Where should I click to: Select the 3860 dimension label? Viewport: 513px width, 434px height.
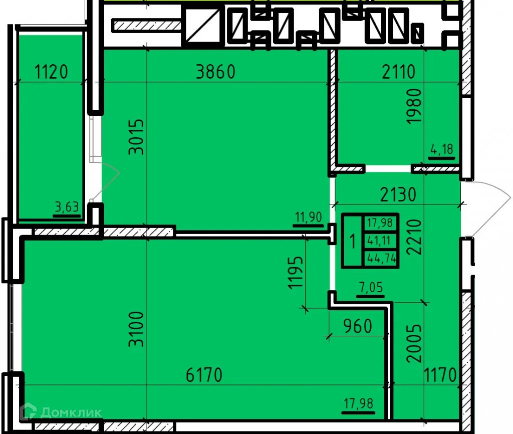pyautogui.click(x=215, y=72)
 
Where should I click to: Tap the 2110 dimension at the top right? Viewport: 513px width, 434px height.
pyautogui.click(x=398, y=73)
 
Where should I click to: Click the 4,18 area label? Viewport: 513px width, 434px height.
pyautogui.click(x=441, y=149)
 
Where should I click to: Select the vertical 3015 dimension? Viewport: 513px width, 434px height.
pyautogui.click(x=136, y=136)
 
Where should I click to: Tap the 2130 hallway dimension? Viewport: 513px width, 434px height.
pyautogui.click(x=398, y=194)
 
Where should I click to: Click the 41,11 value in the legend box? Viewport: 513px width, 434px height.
pyautogui.click(x=380, y=240)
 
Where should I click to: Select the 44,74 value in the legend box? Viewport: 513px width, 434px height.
pyautogui.click(x=380, y=259)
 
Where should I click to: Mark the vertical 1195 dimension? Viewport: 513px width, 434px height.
pyautogui.click(x=296, y=273)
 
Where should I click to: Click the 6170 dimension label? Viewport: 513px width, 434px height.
pyautogui.click(x=203, y=375)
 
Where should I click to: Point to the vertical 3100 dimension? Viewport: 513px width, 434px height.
pyautogui.click(x=136, y=329)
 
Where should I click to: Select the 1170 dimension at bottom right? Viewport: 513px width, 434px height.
pyautogui.click(x=441, y=375)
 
